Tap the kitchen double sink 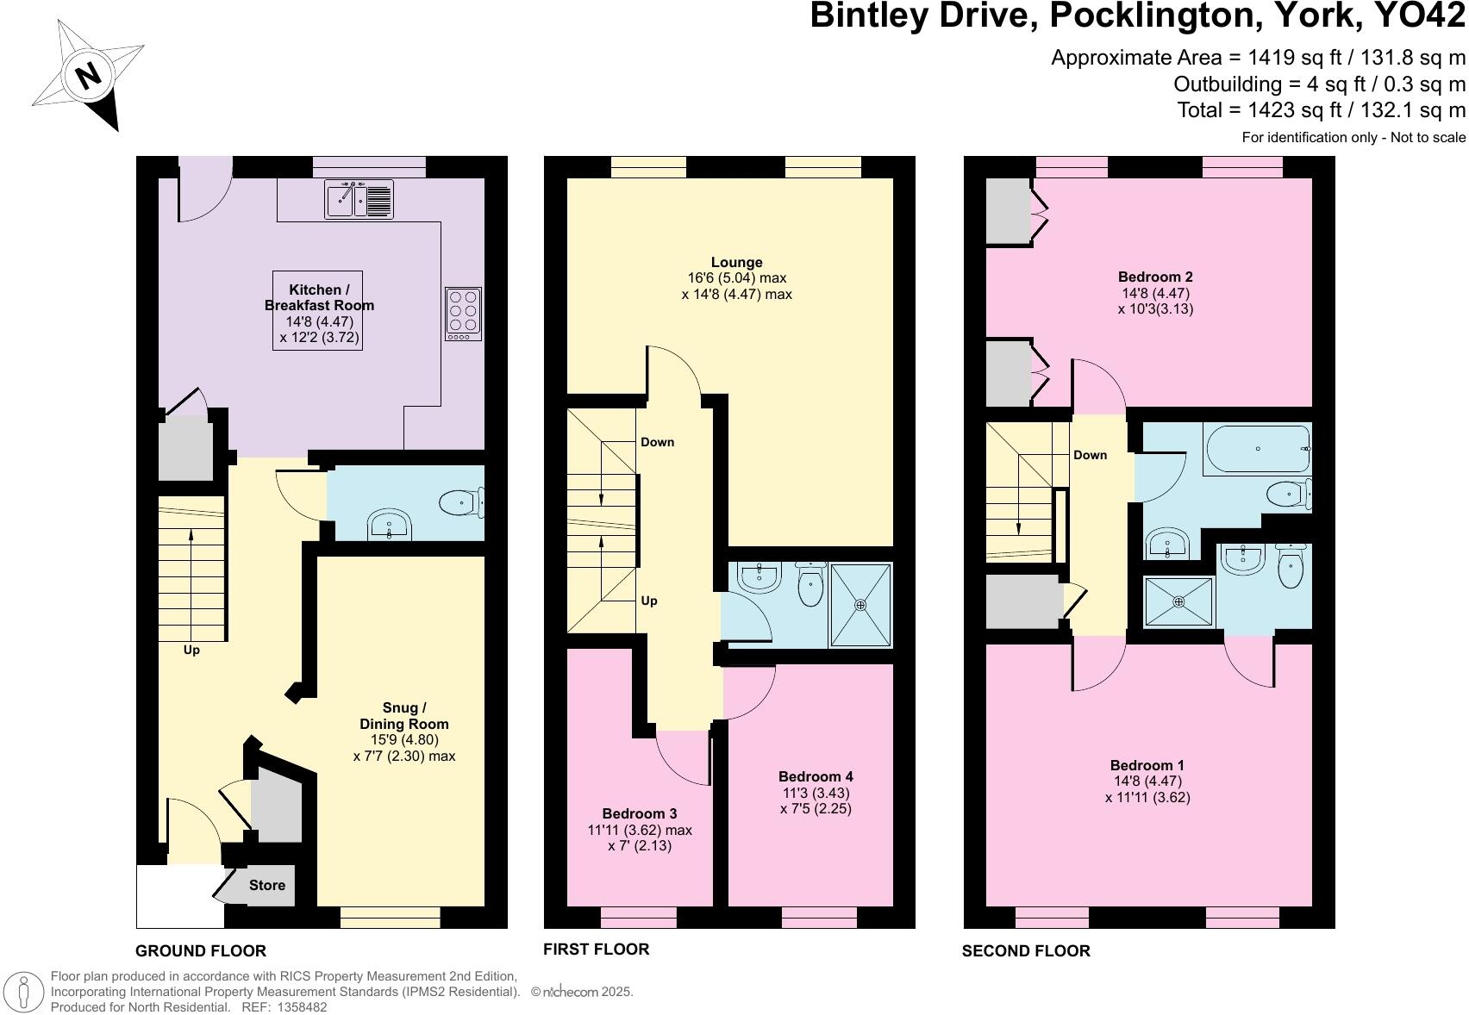(359, 199)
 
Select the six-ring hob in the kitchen (464, 314)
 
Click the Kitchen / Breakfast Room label (319, 297)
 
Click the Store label (267, 885)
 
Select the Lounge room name (736, 262)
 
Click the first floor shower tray (860, 605)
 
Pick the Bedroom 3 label (639, 813)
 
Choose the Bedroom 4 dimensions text (816, 800)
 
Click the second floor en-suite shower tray (1178, 601)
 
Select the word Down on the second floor (1090, 455)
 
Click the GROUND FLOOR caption (201, 950)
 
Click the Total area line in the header (1321, 110)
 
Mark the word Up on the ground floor (191, 650)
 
